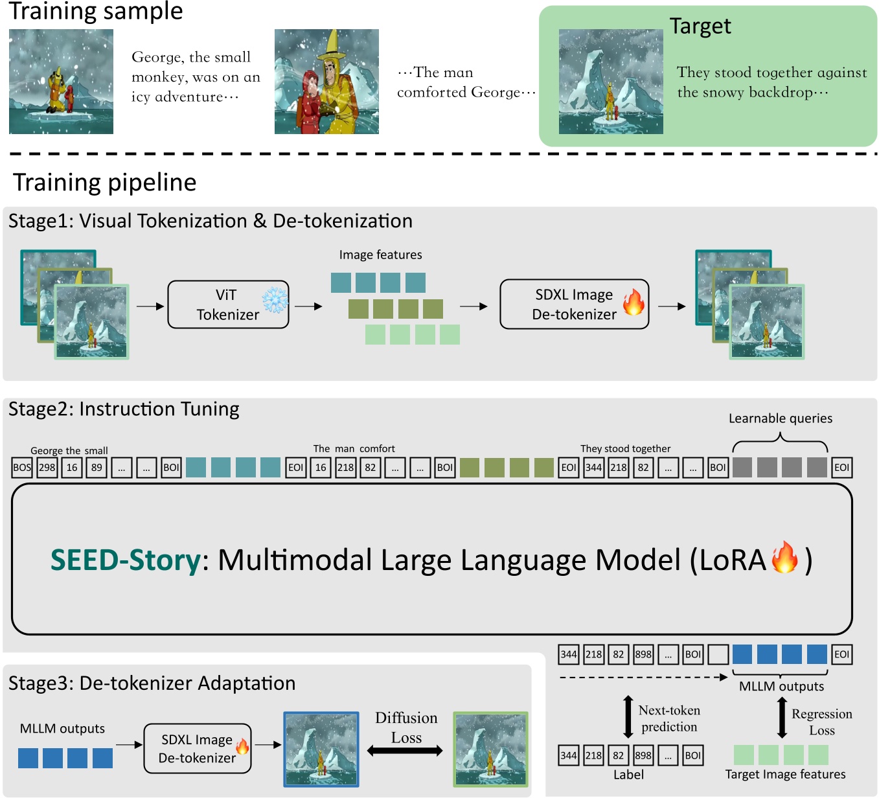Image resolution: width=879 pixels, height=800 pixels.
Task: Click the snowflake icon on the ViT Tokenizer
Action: [x=275, y=300]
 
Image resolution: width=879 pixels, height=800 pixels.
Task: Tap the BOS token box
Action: [x=22, y=467]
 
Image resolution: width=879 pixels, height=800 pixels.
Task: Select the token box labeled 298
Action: [x=47, y=467]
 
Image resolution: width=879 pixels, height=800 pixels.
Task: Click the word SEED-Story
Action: [x=126, y=560]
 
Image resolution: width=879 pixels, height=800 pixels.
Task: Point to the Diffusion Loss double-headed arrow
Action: [x=405, y=751]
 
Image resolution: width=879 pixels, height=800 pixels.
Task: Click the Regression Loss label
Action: [x=821, y=722]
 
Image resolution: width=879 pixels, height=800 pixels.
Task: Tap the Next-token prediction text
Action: [x=669, y=718]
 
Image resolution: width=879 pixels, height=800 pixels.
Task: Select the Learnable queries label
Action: [x=781, y=418]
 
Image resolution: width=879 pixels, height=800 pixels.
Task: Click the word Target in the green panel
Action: [x=700, y=26]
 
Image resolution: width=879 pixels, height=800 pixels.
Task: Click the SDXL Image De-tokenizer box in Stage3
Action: [x=197, y=748]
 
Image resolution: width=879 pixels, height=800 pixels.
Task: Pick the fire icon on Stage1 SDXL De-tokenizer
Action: [x=634, y=302]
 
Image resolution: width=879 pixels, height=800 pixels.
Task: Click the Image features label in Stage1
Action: [x=380, y=255]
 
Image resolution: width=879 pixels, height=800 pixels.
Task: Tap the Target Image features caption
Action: [x=785, y=774]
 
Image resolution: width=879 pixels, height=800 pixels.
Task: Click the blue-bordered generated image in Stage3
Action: [x=321, y=749]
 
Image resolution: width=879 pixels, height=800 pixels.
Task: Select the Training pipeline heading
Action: [x=104, y=183]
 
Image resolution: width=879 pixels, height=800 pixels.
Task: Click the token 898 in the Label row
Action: [x=643, y=755]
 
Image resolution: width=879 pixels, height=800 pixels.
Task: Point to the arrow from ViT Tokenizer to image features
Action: [x=309, y=306]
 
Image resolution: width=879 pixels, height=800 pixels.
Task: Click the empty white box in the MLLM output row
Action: [x=718, y=654]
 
